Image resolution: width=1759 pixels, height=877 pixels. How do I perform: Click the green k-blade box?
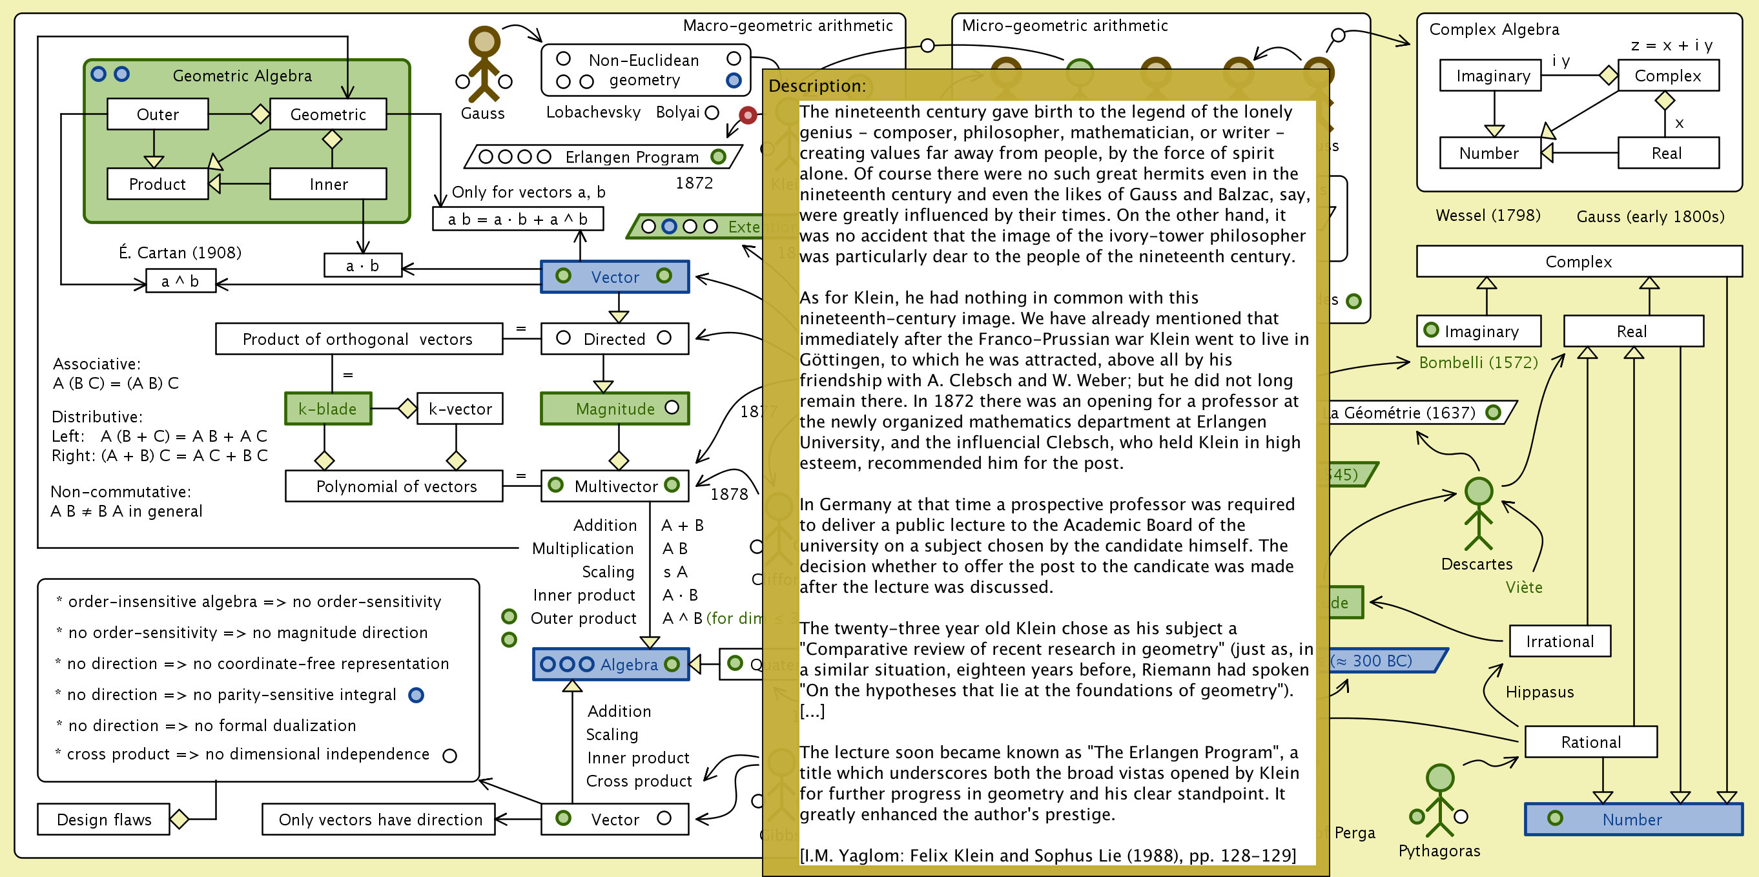click(x=328, y=408)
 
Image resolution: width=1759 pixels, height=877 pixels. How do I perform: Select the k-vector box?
click(x=460, y=408)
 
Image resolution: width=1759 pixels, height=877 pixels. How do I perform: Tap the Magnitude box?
click(x=615, y=408)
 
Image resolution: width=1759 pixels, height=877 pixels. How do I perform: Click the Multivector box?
click(x=615, y=486)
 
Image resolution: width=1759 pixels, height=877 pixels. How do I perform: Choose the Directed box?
click(x=614, y=339)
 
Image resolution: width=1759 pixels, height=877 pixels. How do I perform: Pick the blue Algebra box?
click(x=610, y=664)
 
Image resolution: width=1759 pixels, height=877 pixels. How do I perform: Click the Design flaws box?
click(x=104, y=819)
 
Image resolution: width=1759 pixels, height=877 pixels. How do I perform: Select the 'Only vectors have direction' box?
click(x=380, y=819)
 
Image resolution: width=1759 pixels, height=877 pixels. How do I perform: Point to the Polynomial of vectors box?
click(x=395, y=486)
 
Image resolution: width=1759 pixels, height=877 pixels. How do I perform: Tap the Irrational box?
click(x=1559, y=641)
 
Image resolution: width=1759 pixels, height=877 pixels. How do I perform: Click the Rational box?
click(x=1590, y=742)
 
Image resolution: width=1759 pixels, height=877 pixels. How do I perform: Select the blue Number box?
click(x=1632, y=819)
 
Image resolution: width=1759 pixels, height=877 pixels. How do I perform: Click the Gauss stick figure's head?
click(x=484, y=41)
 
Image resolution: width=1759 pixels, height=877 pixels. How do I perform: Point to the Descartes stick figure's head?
click(x=1478, y=491)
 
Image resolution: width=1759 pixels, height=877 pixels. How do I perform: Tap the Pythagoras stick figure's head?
click(x=1439, y=778)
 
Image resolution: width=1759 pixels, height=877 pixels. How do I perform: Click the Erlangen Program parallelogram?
click(x=603, y=157)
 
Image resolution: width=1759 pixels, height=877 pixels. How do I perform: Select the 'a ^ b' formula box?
click(x=180, y=281)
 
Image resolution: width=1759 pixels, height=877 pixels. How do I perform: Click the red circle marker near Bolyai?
click(x=748, y=115)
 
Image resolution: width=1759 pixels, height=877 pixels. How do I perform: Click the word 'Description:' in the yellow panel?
click(x=817, y=86)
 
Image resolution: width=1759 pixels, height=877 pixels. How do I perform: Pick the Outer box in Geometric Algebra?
click(x=158, y=114)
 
